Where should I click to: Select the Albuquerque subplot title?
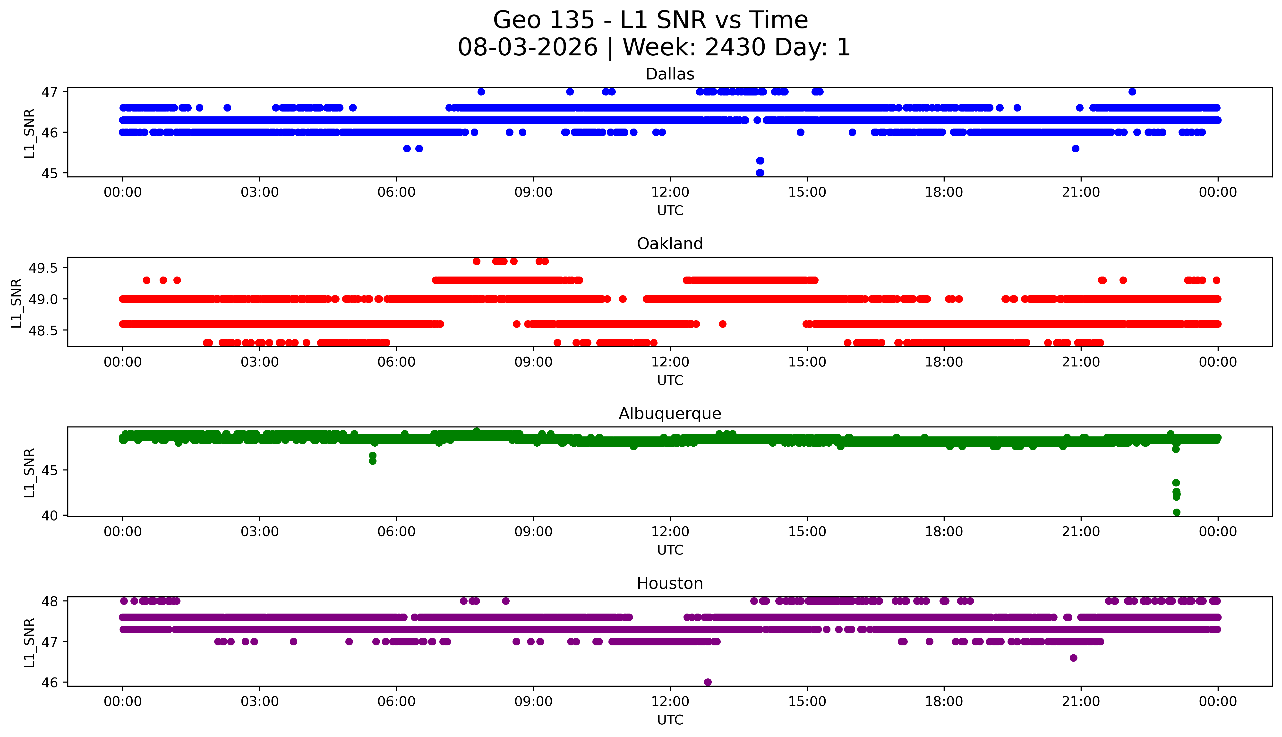pyautogui.click(x=670, y=414)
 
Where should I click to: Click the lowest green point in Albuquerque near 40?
pyautogui.click(x=1176, y=512)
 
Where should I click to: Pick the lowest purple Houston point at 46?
pyautogui.click(x=708, y=682)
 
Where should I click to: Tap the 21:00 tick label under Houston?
pyautogui.click(x=1081, y=702)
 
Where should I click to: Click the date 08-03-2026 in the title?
pyautogui.click(x=528, y=48)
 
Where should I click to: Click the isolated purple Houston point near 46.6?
pyautogui.click(x=1073, y=658)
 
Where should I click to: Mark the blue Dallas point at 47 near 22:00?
pyautogui.click(x=1132, y=92)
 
